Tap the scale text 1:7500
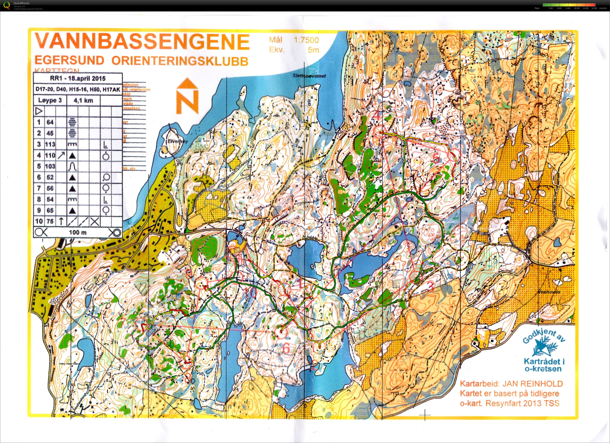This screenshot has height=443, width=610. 306,40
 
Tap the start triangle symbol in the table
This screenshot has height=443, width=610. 39,111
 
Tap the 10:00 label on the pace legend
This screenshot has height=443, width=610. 577,8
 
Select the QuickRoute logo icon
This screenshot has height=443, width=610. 7,5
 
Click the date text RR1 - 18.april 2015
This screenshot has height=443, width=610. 78,79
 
